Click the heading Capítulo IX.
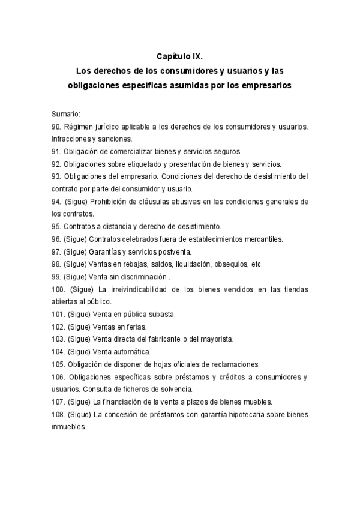click(x=180, y=56)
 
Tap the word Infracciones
click(x=71, y=139)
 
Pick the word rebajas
click(x=137, y=264)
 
